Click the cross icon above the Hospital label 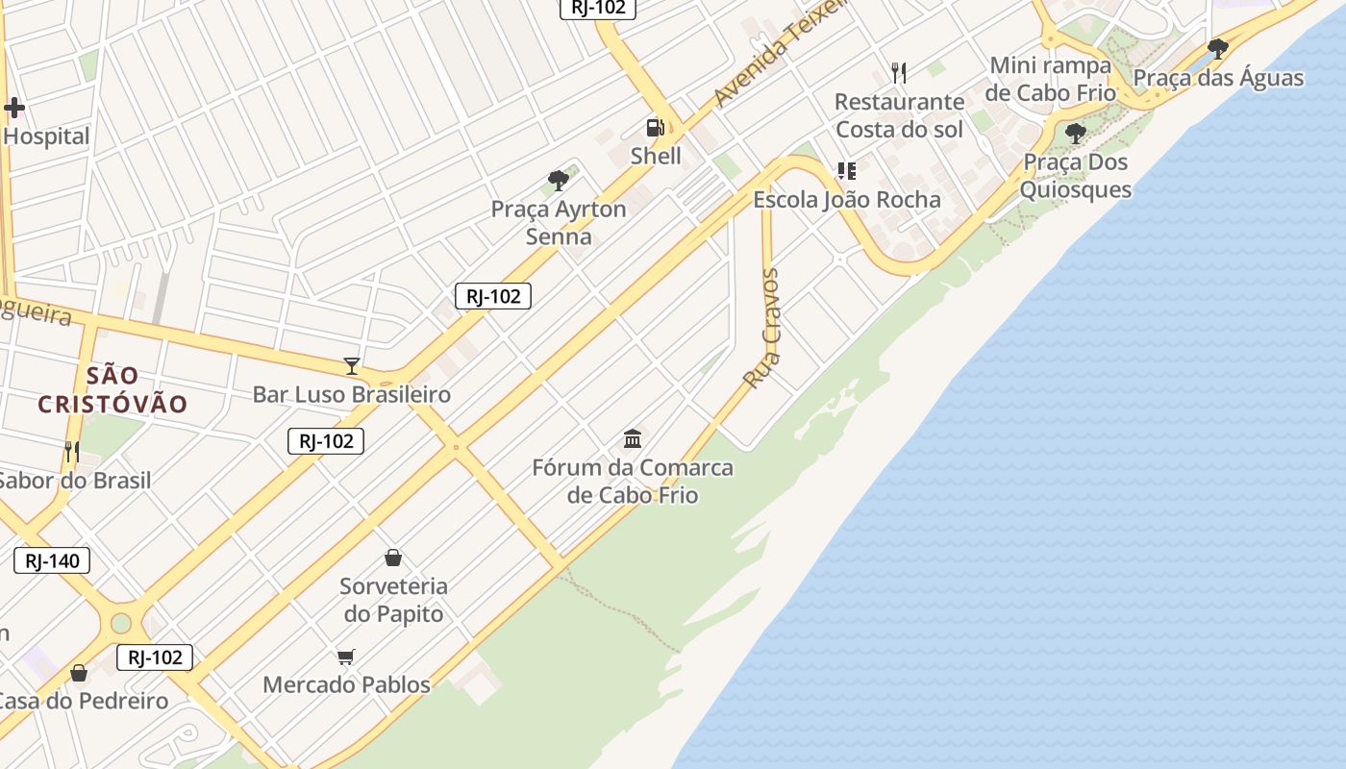13,108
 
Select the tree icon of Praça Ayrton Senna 558,180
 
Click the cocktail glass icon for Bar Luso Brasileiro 352,366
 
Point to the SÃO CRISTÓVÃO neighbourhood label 112,389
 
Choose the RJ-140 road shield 52,560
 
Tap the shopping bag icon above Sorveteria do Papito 392,558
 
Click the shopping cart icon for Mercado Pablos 346,657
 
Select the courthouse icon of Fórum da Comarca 633,439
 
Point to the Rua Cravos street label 762,329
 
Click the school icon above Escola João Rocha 846,171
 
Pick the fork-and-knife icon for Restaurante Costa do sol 899,72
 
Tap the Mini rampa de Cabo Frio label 1051,79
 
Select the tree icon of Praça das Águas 1218,48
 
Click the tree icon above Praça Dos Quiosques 1076,134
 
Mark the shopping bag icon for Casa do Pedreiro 79,673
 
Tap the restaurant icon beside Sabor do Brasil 71,451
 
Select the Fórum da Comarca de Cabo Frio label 633,482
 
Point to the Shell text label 656,156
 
